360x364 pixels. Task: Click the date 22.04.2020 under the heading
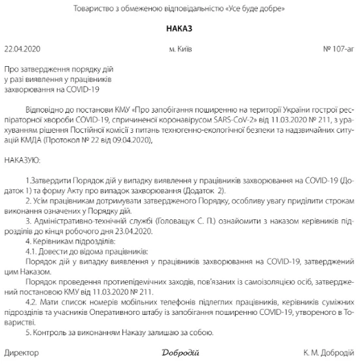(22, 50)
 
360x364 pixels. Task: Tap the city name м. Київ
(180, 50)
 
